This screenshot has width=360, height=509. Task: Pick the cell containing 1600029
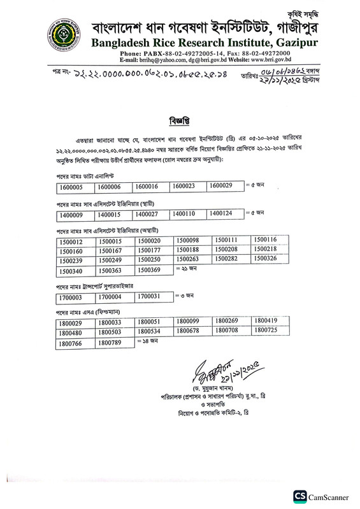click(224, 186)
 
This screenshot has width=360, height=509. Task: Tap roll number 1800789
click(114, 343)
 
